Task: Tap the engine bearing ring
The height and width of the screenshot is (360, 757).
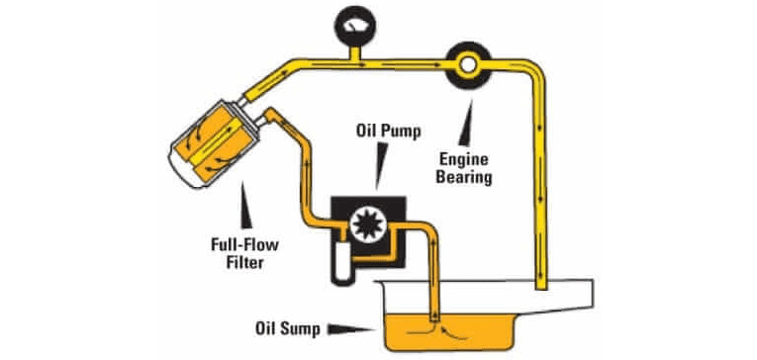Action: (x=465, y=65)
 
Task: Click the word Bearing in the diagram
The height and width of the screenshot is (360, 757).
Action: (x=477, y=179)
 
